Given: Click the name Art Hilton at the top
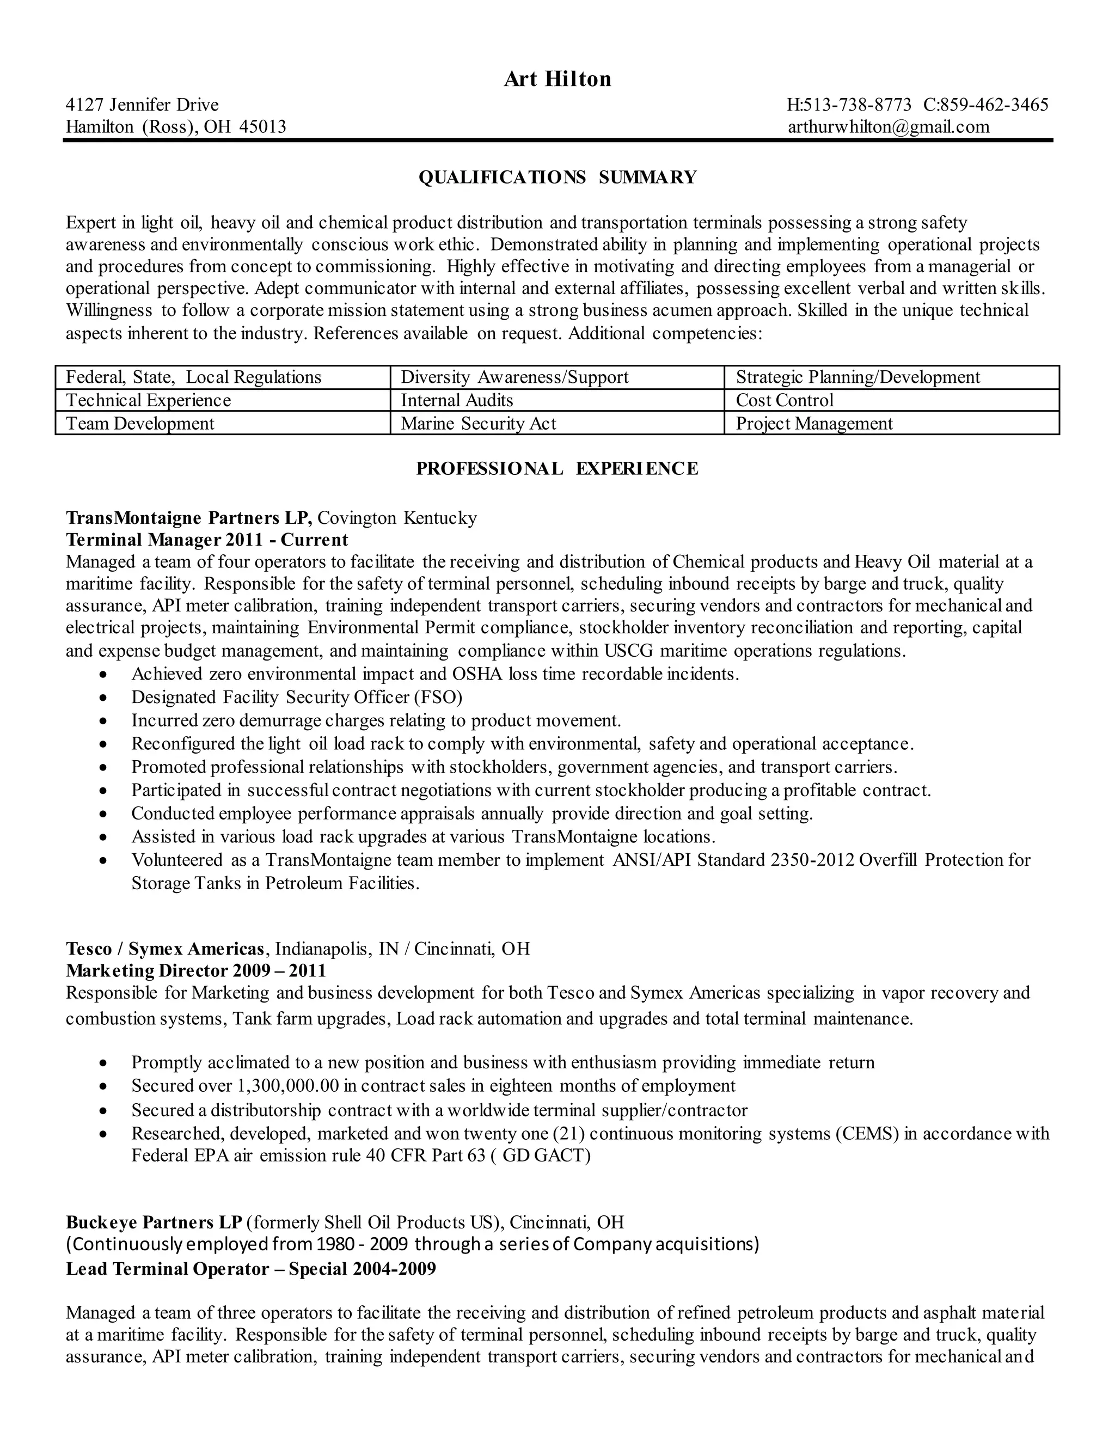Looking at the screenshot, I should click(x=557, y=80).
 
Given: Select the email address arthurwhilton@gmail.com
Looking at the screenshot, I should click(x=889, y=127).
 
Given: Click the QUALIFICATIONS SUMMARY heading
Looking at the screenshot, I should click(x=557, y=177).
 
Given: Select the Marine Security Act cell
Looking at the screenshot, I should click(x=478, y=424).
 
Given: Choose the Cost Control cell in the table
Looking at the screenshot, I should click(x=784, y=400).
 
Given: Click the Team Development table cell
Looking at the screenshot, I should click(x=140, y=424).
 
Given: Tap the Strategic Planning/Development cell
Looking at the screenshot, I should click(x=857, y=377).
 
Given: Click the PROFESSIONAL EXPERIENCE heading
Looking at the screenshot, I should click(x=557, y=468).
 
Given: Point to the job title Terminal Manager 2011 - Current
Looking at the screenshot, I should click(x=207, y=540).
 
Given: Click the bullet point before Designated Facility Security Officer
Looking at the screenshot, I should click(x=102, y=698).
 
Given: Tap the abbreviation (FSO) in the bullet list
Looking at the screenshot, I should click(x=438, y=697).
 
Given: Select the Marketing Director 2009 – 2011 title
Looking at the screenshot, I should click(x=196, y=970).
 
